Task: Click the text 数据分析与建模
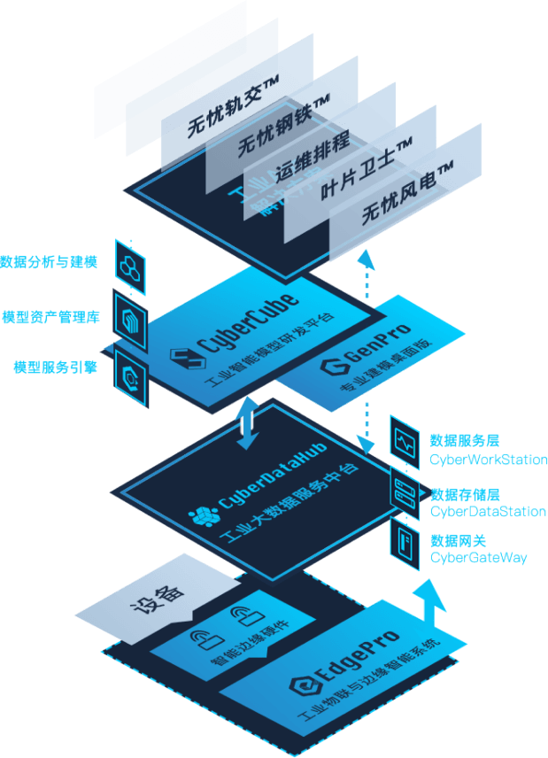tap(49, 263)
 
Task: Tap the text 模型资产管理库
tap(50, 317)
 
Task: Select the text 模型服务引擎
tap(55, 367)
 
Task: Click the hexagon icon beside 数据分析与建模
tap(131, 264)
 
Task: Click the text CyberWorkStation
tap(488, 460)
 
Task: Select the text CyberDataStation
tap(488, 512)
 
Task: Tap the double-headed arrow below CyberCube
tap(249, 423)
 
